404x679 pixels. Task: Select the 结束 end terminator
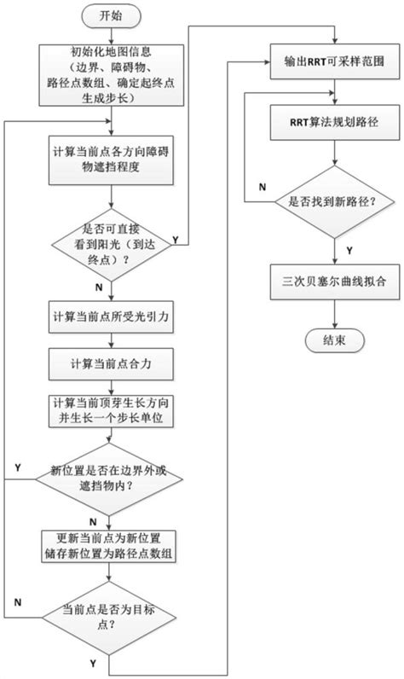click(x=333, y=340)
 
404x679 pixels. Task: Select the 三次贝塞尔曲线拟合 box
click(x=333, y=283)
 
